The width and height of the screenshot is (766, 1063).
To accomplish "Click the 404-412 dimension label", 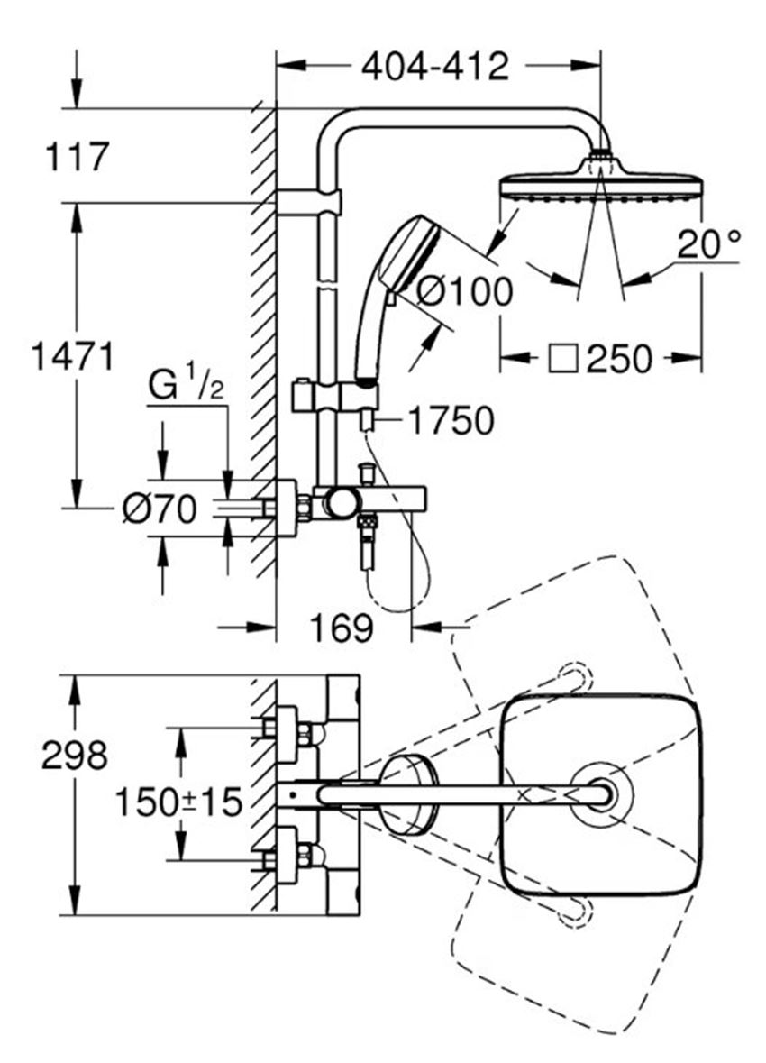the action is point(434,67).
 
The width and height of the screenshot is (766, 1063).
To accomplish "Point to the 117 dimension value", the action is point(77,157).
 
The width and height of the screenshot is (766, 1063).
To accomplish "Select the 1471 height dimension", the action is point(73,356).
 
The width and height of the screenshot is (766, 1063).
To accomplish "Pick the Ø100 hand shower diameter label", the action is point(464,291).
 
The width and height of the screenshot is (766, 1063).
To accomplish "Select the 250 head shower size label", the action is point(619,358).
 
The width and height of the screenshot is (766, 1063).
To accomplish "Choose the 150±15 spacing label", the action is point(178,802).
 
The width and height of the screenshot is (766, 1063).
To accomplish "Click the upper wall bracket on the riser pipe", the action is point(309,202).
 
